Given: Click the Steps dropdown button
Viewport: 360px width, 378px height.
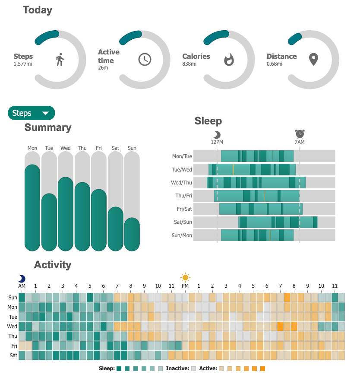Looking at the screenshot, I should (x=32, y=113).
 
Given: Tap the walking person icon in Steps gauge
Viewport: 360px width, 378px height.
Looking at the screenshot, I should (x=60, y=60).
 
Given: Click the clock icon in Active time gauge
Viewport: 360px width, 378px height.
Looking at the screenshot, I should (x=145, y=60).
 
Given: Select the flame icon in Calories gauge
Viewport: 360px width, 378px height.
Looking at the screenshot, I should (x=229, y=60).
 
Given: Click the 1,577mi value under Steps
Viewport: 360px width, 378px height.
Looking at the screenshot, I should (x=22, y=64).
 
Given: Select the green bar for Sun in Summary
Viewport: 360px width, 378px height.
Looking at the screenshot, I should (x=132, y=234).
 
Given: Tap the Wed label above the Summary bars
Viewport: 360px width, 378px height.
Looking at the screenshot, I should (x=66, y=148).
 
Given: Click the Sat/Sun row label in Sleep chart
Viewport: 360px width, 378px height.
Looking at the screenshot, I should (x=182, y=222).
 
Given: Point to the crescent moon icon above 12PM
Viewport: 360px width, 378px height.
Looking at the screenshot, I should (x=217, y=134).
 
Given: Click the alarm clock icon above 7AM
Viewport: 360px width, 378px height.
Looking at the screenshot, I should (x=300, y=133).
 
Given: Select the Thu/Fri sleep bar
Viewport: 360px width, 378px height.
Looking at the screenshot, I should (x=256, y=196).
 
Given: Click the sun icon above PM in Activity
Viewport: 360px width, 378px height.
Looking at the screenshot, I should (x=185, y=277).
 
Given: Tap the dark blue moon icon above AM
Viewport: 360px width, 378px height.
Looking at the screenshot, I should (x=22, y=279).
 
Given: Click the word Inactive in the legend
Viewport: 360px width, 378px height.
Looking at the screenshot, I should (x=177, y=368).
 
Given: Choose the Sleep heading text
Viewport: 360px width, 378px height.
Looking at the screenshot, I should (x=208, y=121).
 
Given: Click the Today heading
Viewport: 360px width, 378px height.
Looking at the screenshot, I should (x=37, y=10).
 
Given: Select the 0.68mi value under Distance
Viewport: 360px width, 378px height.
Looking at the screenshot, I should (x=275, y=64).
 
